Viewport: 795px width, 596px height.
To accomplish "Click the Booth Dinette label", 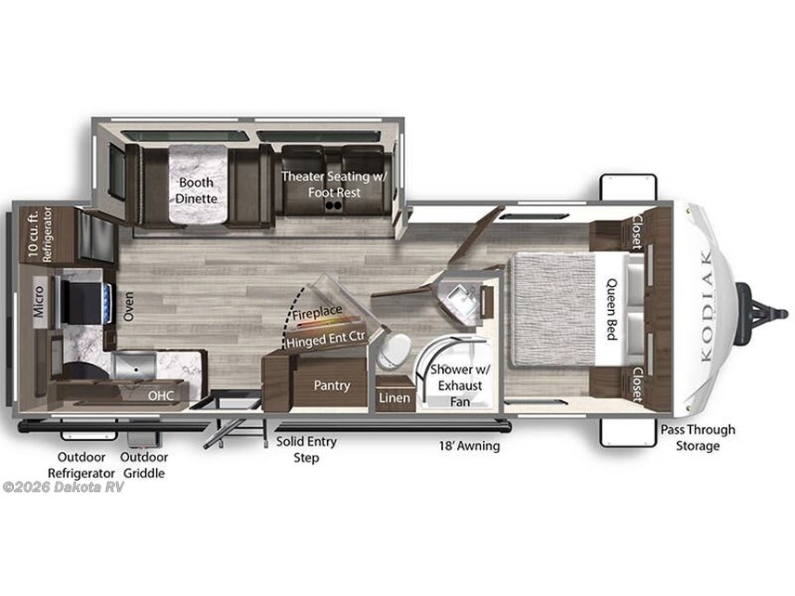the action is point(196,190).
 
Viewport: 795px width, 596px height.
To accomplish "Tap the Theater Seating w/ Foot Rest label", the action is point(334,184).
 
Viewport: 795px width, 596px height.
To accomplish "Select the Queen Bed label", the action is point(612,308).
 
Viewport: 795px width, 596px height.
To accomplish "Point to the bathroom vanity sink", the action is point(459,299).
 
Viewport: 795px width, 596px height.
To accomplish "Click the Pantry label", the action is point(332,385).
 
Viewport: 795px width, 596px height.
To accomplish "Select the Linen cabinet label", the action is point(395,398).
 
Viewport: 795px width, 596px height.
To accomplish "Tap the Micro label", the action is point(39,301).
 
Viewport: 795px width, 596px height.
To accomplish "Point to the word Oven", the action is point(129,305).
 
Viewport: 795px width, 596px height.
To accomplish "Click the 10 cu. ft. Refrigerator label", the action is point(40,234).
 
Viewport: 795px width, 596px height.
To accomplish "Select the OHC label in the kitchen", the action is point(161,395).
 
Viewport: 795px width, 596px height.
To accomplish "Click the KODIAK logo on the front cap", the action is point(706,305).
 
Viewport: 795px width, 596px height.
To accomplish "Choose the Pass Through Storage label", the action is point(697,437).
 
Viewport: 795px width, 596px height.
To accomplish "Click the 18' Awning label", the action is point(469,446).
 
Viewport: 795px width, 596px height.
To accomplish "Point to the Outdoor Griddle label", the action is point(144,465).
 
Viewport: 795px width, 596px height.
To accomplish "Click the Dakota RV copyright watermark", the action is point(63,487).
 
